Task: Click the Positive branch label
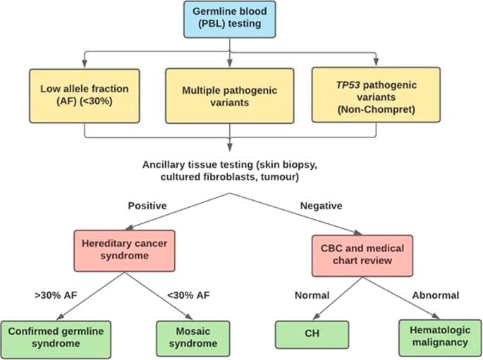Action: point(147,206)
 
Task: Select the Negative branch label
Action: point(321,206)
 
